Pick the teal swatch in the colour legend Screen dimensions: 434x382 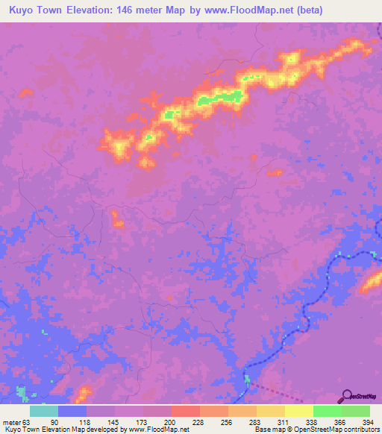44,411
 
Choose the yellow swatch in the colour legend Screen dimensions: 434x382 298,411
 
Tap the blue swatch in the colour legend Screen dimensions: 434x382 72,411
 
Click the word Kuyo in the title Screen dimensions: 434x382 22,10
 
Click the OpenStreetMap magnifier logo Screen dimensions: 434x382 348,396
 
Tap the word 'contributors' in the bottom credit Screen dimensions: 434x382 358,430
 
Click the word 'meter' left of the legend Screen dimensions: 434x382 11,422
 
